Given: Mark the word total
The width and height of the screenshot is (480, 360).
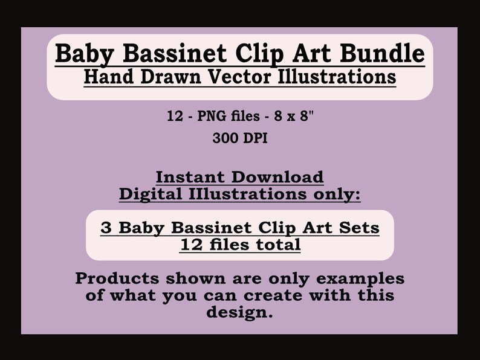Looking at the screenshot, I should [275, 244].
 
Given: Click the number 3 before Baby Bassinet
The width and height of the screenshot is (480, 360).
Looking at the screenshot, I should [107, 228].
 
